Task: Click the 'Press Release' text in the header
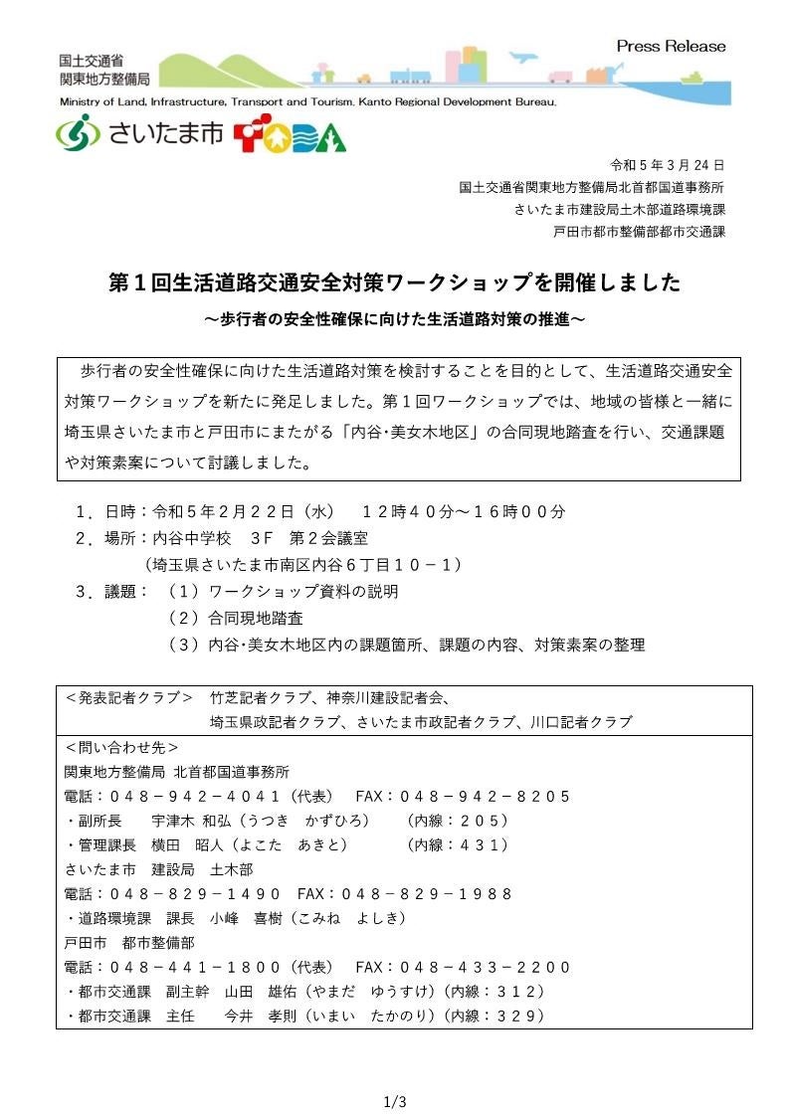pyautogui.click(x=671, y=46)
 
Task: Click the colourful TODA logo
pyautogui.click(x=290, y=136)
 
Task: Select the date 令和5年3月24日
pyautogui.click(x=667, y=165)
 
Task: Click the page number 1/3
pyautogui.click(x=395, y=1101)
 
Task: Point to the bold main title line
pyautogui.click(x=394, y=282)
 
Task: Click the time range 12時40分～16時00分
pyautogui.click(x=464, y=511)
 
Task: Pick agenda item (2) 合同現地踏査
pyautogui.click(x=235, y=618)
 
